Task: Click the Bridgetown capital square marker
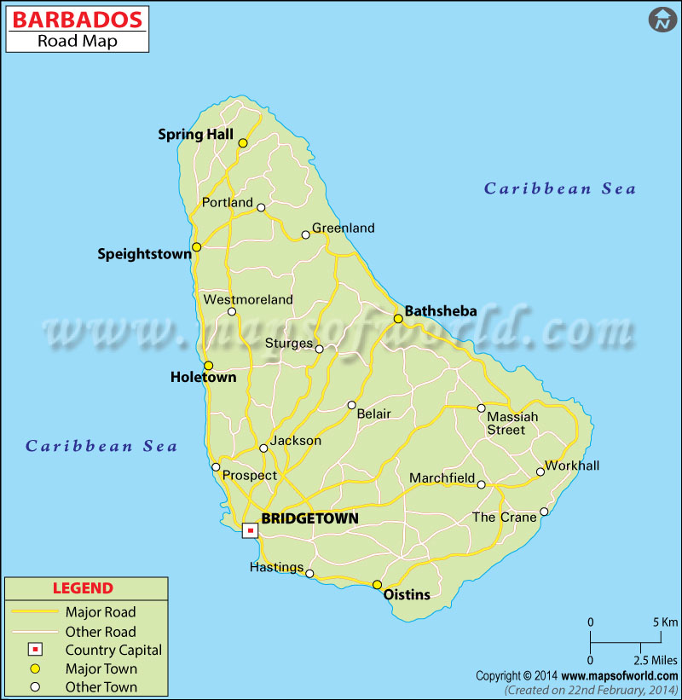point(250,530)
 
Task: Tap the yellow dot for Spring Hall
point(243,143)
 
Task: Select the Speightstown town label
point(144,253)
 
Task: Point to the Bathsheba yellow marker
point(398,319)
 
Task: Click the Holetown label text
point(203,378)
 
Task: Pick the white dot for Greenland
point(306,235)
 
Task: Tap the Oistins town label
point(407,595)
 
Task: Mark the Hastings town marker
point(309,574)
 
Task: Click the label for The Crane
point(505,518)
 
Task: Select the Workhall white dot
point(540,471)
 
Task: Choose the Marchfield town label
point(442,478)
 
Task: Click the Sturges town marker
point(320,349)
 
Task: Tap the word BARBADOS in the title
point(77,20)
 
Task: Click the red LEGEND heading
point(83,588)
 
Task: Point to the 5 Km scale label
point(664,622)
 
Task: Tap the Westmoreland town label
point(247,299)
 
